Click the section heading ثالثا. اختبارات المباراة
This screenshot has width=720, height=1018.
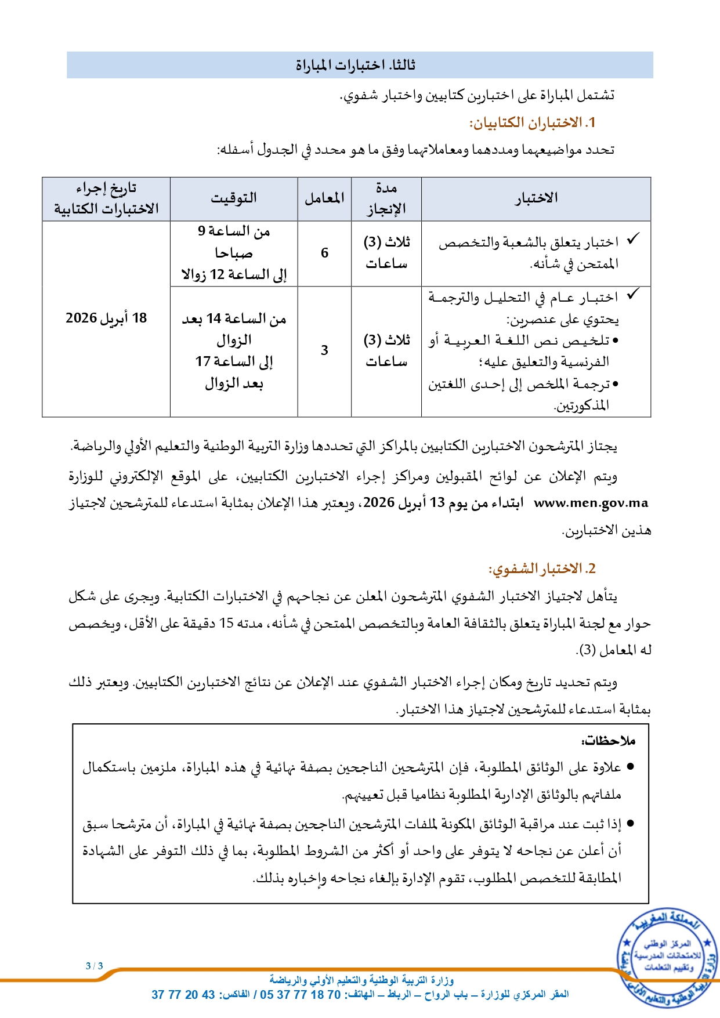pos(355,65)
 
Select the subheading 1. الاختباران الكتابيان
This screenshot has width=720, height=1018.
pos(532,123)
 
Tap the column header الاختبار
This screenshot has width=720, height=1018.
pos(536,198)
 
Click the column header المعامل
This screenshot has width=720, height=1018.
pos(324,198)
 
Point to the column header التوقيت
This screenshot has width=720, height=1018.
pos(234,198)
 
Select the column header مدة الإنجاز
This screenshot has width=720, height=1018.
pos(386,198)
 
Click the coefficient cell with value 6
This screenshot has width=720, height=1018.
pos(324,253)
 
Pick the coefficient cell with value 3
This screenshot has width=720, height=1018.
pos(324,350)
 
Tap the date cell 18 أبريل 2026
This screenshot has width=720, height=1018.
pos(106,318)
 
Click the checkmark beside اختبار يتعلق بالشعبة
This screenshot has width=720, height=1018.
pos(633,238)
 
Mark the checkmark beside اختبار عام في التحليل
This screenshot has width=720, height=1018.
pos(633,294)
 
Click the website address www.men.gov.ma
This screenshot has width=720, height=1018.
pos(591,503)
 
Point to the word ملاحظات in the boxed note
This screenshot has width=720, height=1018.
pos(609,741)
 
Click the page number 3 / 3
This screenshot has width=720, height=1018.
pos(94,966)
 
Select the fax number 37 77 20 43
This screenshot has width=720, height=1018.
pos(183,995)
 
